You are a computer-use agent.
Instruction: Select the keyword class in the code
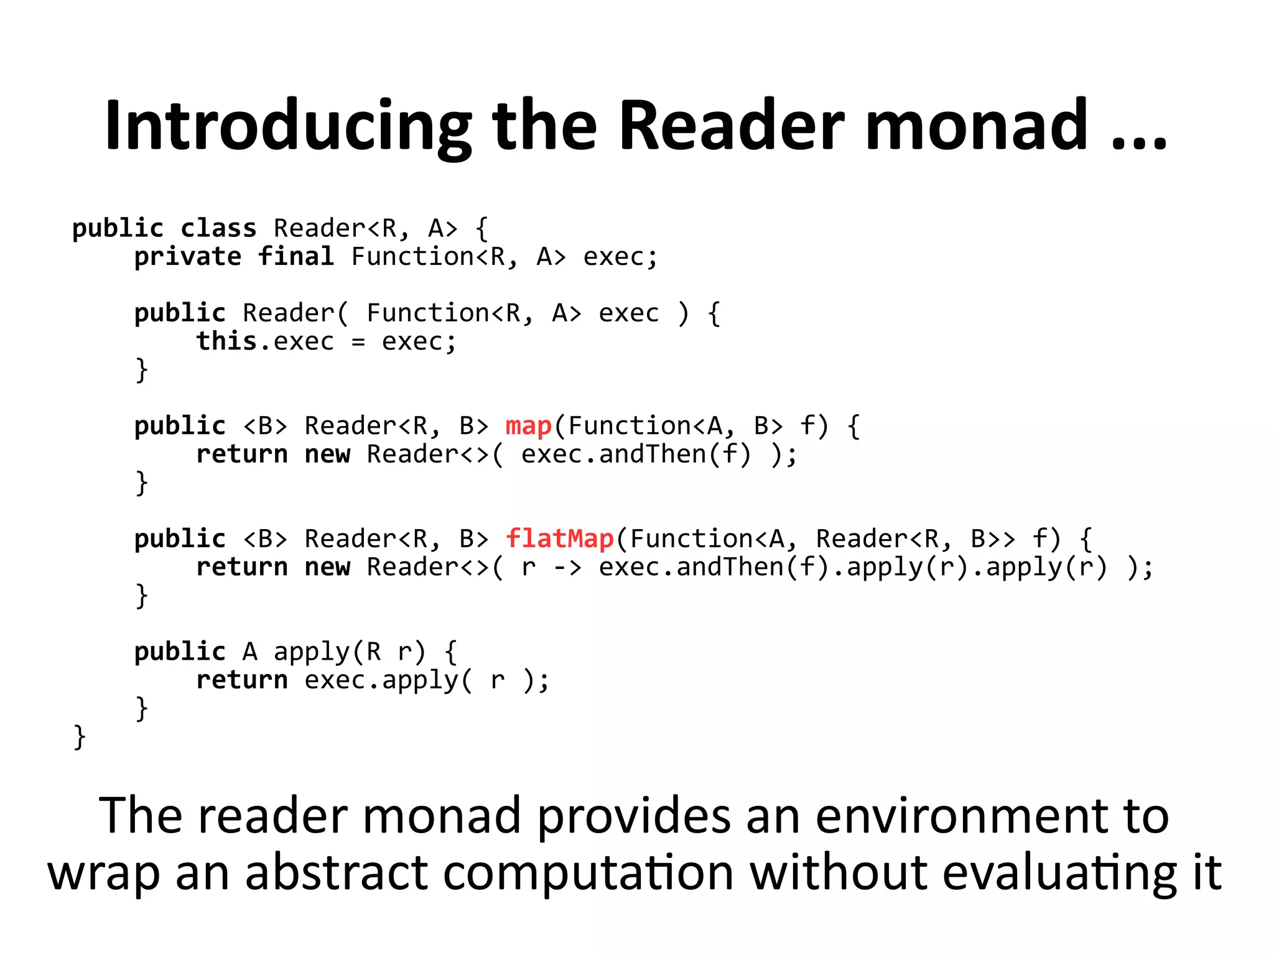218,228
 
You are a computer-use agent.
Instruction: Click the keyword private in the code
187,257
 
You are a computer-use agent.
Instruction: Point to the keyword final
296,256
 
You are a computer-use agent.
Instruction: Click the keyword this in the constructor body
226,341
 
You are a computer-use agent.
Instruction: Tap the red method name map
528,427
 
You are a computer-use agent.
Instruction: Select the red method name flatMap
559,539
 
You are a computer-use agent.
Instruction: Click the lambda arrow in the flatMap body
567,568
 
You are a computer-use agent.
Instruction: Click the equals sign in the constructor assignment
358,342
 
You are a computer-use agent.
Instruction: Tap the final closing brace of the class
79,737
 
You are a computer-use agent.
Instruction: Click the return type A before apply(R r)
249,652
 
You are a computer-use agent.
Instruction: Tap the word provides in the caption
633,816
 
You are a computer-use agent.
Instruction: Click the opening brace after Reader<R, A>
481,229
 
